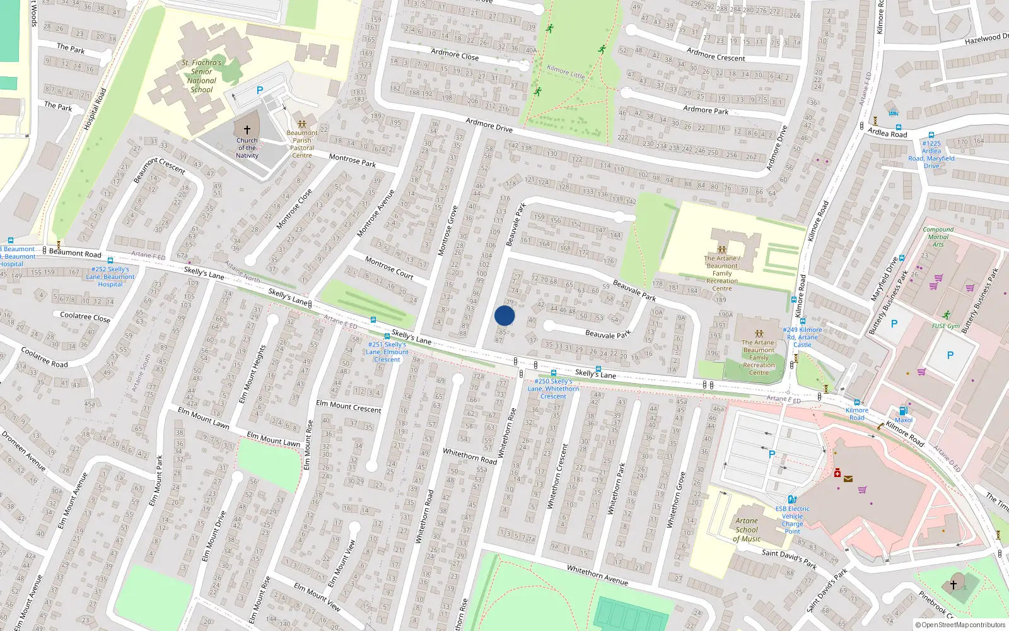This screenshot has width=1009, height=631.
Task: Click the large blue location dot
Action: tap(504, 315)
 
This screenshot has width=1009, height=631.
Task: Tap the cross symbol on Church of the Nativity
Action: tap(247, 129)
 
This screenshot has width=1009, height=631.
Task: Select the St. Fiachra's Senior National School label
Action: tap(202, 76)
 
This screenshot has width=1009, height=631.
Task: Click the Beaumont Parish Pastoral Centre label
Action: tap(302, 144)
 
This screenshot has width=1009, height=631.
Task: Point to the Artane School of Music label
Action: tap(747, 530)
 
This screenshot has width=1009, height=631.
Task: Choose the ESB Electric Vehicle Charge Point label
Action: tap(793, 520)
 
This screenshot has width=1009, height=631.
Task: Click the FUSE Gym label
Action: tap(945, 326)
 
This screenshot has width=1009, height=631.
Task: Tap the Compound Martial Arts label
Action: tap(938, 237)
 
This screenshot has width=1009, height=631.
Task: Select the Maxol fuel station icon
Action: tap(903, 411)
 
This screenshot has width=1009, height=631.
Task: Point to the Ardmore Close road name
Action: tap(455, 54)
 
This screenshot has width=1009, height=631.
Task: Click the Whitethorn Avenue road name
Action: tap(597, 575)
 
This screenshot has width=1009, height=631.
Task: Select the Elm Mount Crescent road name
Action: tap(349, 406)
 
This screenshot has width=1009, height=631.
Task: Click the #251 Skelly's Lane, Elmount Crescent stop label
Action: tap(387, 352)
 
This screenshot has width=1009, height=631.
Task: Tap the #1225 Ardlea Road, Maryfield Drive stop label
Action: tap(931, 155)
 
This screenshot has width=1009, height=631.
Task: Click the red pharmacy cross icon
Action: tap(837, 473)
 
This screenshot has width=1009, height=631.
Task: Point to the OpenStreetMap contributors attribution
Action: tap(960, 625)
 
